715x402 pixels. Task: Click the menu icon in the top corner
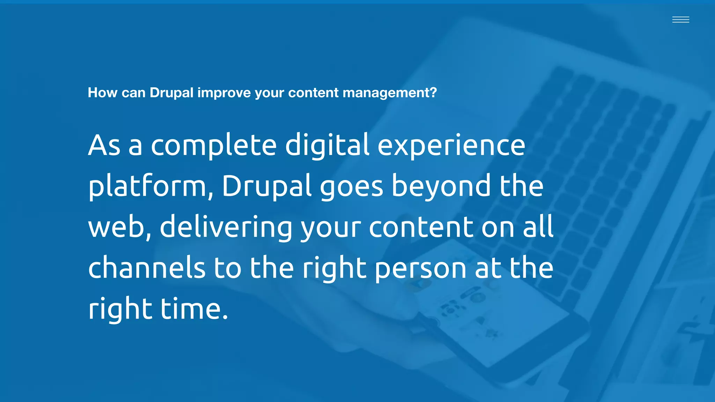click(680, 20)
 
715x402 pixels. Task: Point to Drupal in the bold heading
click(171, 93)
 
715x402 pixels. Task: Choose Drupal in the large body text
click(266, 186)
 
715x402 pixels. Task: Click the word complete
click(214, 146)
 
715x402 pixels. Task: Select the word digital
click(327, 146)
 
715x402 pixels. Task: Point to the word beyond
click(441, 186)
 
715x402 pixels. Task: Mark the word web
click(117, 227)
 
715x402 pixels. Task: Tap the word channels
click(147, 268)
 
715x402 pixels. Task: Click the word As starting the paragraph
click(104, 146)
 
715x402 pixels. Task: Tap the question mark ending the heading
click(433, 93)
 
